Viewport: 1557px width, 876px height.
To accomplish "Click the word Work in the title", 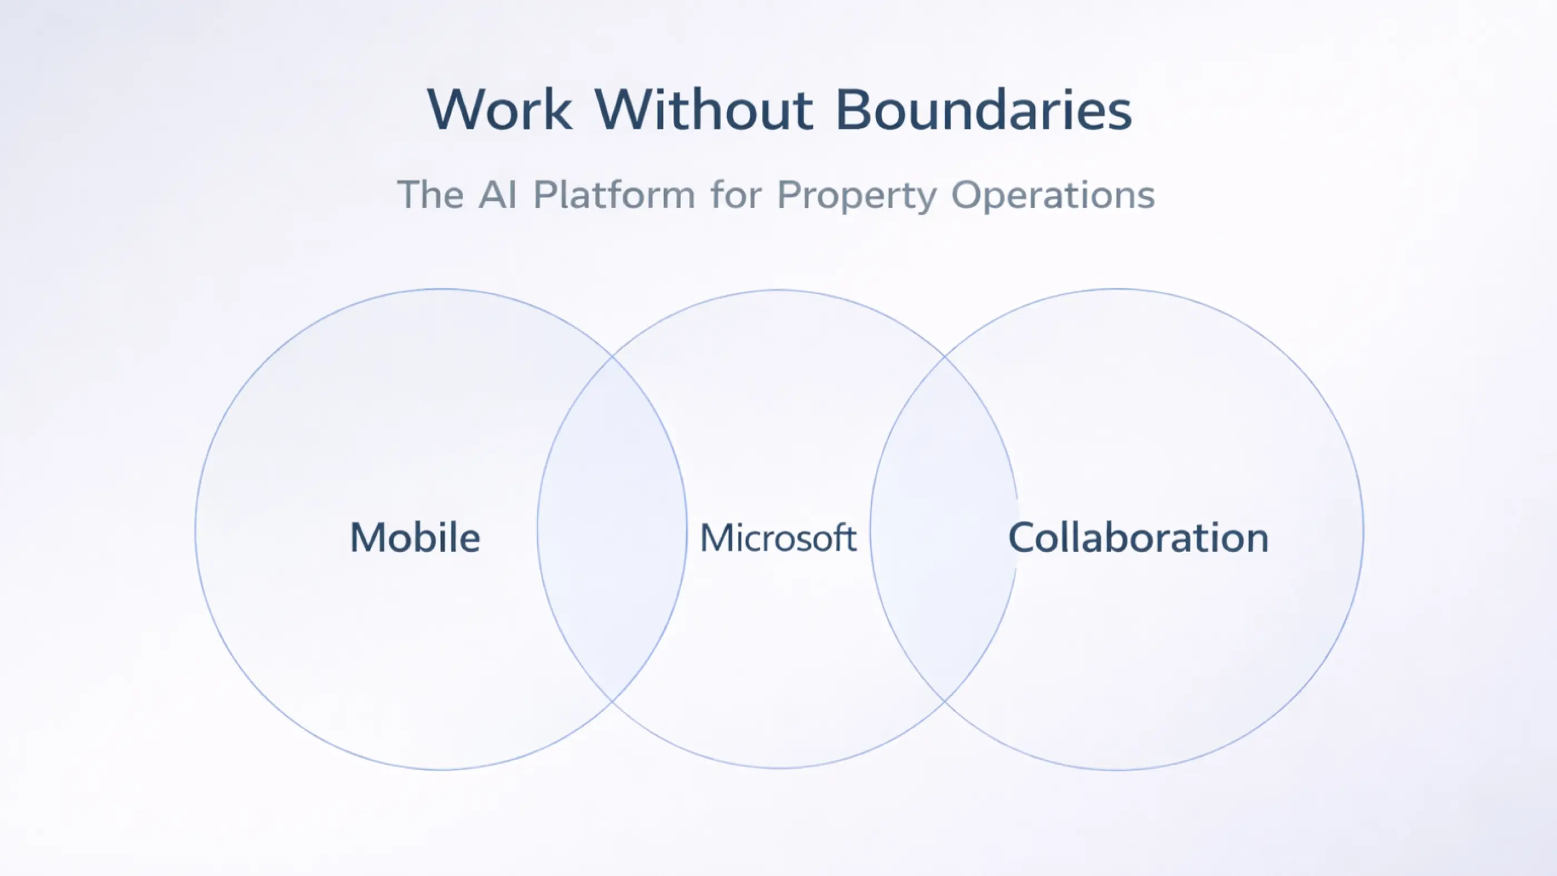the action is click(x=500, y=110).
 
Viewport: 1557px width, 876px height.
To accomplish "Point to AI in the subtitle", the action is click(x=498, y=195).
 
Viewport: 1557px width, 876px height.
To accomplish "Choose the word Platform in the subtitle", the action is click(x=614, y=195).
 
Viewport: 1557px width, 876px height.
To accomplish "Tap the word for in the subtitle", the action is click(x=736, y=195).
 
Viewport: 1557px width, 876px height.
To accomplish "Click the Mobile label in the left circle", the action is click(x=415, y=537).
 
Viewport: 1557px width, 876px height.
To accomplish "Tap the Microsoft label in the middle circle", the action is click(x=778, y=537).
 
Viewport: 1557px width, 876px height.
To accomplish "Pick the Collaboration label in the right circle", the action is click(x=1138, y=537).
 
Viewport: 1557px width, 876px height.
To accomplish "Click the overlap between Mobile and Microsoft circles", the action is click(x=612, y=529).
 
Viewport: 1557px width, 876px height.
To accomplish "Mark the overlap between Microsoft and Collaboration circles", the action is click(x=944, y=529).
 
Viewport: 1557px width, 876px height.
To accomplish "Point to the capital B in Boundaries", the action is click(x=854, y=110).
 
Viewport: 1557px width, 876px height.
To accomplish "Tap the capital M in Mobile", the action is click(x=368, y=537).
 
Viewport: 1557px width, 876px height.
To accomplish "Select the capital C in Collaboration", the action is click(x=1023, y=537).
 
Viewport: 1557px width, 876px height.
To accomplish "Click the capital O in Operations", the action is click(x=968, y=195).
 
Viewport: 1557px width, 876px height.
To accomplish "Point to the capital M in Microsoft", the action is click(x=716, y=537).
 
